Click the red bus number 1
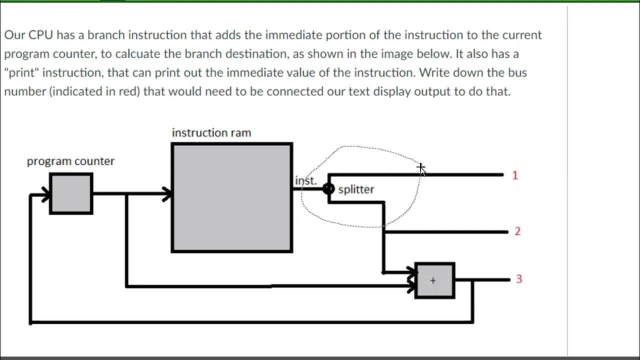pos(515,175)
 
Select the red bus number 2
pos(517,231)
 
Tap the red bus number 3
pos(518,279)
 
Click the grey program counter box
pos(71,193)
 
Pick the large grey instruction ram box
pos(232,197)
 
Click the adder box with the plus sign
pos(434,280)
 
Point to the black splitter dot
pos(328,188)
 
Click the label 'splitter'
pos(356,189)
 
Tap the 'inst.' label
pos(305,180)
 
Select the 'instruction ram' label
pos(211,133)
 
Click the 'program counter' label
pos(70,161)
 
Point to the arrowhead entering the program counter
pos(45,194)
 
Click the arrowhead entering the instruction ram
pos(167,194)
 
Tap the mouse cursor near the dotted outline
pos(422,169)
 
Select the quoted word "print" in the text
pos(22,72)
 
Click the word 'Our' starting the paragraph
pos(14,35)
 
